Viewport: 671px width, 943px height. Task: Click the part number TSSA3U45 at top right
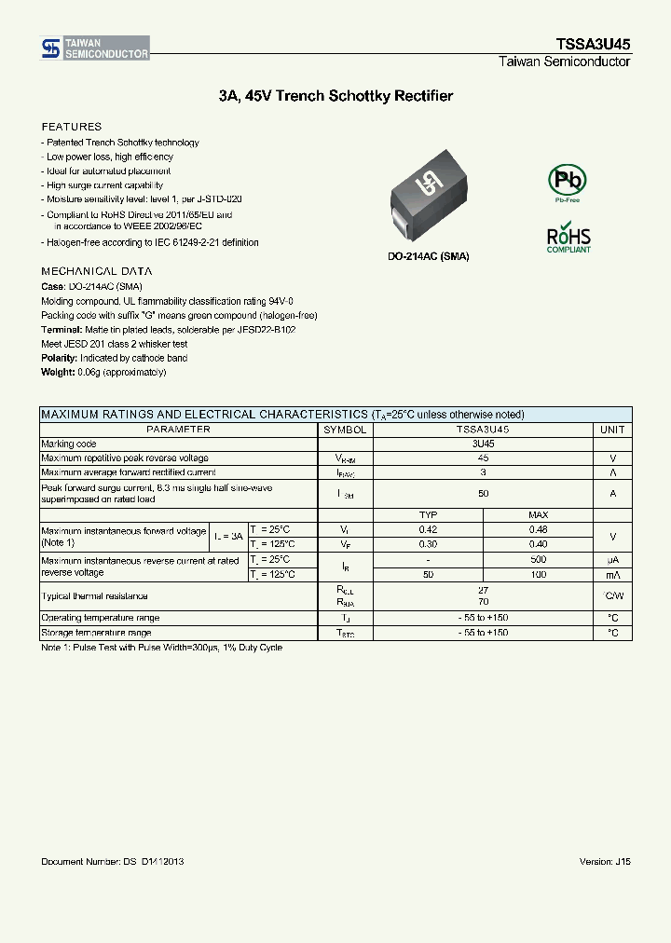[x=595, y=45]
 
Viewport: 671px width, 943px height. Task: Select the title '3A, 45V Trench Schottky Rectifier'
[x=335, y=96]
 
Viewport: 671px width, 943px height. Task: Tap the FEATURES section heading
[x=72, y=127]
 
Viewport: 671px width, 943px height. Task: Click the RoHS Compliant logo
[x=568, y=237]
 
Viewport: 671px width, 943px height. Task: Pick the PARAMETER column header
[x=178, y=430]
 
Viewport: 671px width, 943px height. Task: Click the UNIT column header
[x=612, y=430]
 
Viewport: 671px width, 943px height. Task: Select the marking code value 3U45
[x=483, y=444]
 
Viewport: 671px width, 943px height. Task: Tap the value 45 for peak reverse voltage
[x=483, y=458]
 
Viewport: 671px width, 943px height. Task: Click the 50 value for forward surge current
[x=483, y=494]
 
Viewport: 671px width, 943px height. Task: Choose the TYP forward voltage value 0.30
[x=428, y=544]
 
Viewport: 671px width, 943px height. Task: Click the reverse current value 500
[x=538, y=560]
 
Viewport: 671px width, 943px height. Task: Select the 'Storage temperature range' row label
[x=96, y=633]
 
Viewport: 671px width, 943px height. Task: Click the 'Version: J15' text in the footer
[x=605, y=862]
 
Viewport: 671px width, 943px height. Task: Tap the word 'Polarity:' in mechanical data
[x=60, y=358]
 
